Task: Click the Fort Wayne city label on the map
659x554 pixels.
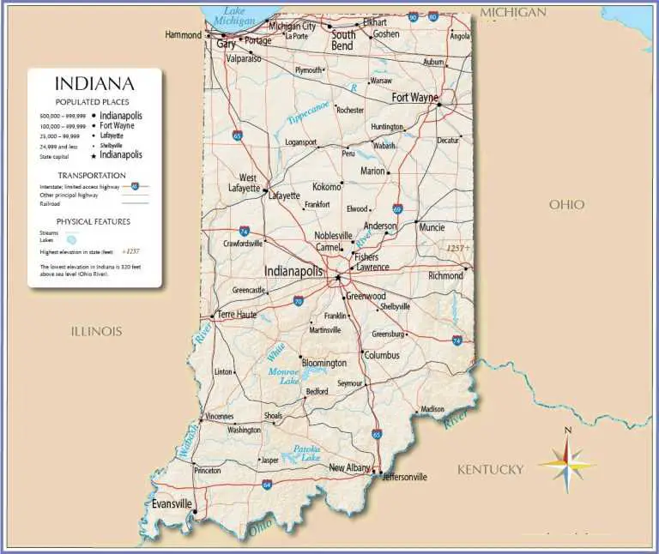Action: pyautogui.click(x=415, y=98)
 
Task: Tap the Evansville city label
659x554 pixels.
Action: pyautogui.click(x=172, y=504)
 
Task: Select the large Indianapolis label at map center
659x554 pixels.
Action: pyautogui.click(x=293, y=271)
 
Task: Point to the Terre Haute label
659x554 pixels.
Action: pyautogui.click(x=238, y=315)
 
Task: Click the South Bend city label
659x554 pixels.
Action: pyautogui.click(x=343, y=40)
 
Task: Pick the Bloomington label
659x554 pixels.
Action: pyautogui.click(x=323, y=363)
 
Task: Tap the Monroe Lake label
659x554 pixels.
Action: pyautogui.click(x=283, y=376)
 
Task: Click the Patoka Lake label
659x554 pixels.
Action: pyautogui.click(x=306, y=453)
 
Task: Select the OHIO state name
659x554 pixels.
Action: pyautogui.click(x=566, y=204)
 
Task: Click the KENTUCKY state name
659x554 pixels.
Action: pyautogui.click(x=490, y=469)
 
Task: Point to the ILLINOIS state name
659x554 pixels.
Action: pyautogui.click(x=96, y=331)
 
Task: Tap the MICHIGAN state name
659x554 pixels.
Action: pyautogui.click(x=513, y=12)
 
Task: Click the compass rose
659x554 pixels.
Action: pyautogui.click(x=566, y=464)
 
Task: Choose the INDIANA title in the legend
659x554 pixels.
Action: pyautogui.click(x=94, y=84)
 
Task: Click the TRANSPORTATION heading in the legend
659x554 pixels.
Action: pyautogui.click(x=94, y=175)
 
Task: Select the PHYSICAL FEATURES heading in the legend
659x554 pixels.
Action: pyautogui.click(x=94, y=221)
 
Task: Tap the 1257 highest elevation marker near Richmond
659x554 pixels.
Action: pyautogui.click(x=457, y=247)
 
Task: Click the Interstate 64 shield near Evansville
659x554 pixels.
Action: pyautogui.click(x=267, y=485)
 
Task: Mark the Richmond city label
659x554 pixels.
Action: pyautogui.click(x=445, y=276)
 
